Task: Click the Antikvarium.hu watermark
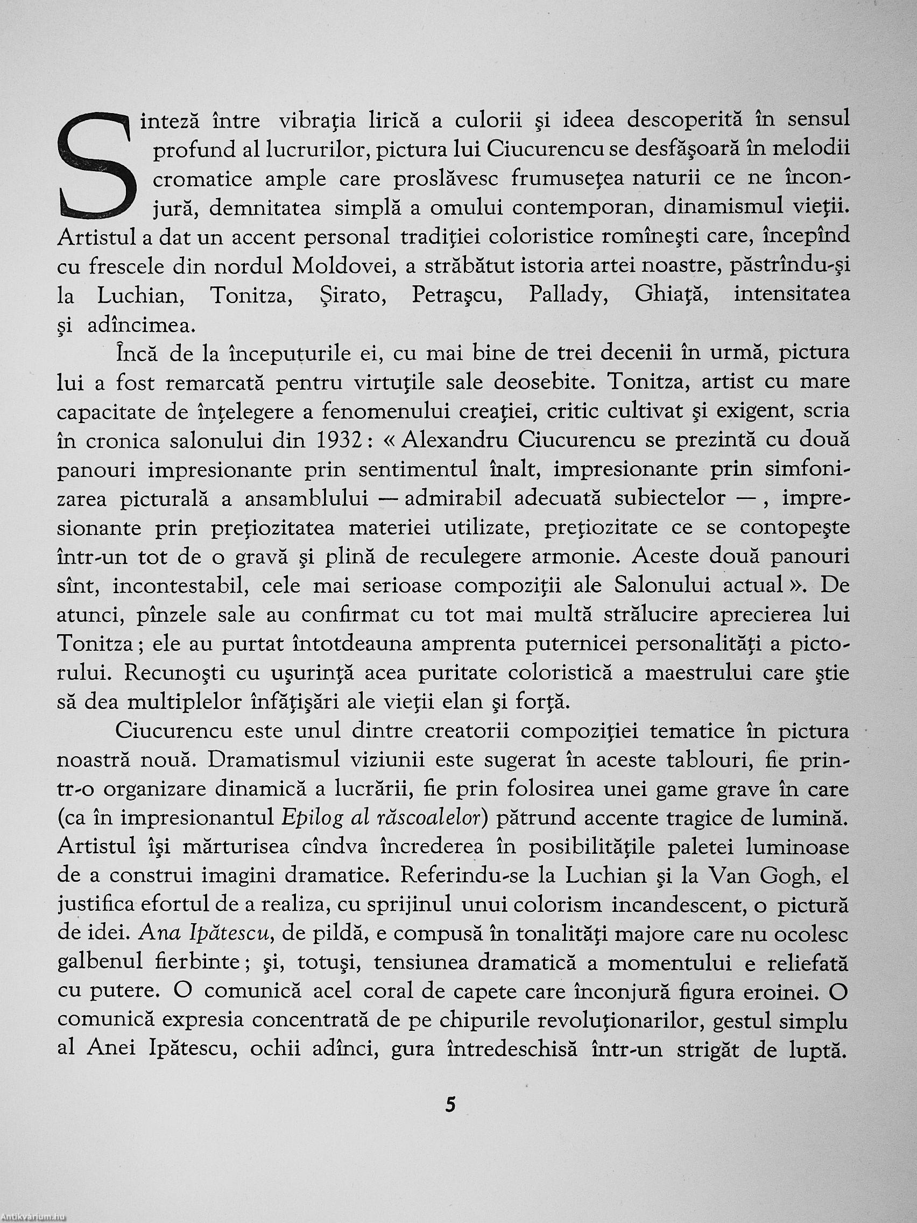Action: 33,1218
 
